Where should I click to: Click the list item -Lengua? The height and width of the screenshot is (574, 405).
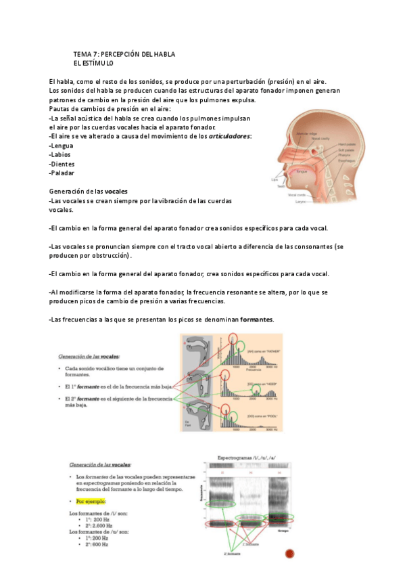pos(62,146)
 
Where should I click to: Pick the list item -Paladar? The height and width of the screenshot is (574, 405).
pos(62,173)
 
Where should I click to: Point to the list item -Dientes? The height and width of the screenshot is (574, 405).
pos(62,164)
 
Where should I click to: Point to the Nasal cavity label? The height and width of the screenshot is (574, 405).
pos(321,138)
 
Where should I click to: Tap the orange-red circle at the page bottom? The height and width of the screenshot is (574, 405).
pos(290,554)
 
